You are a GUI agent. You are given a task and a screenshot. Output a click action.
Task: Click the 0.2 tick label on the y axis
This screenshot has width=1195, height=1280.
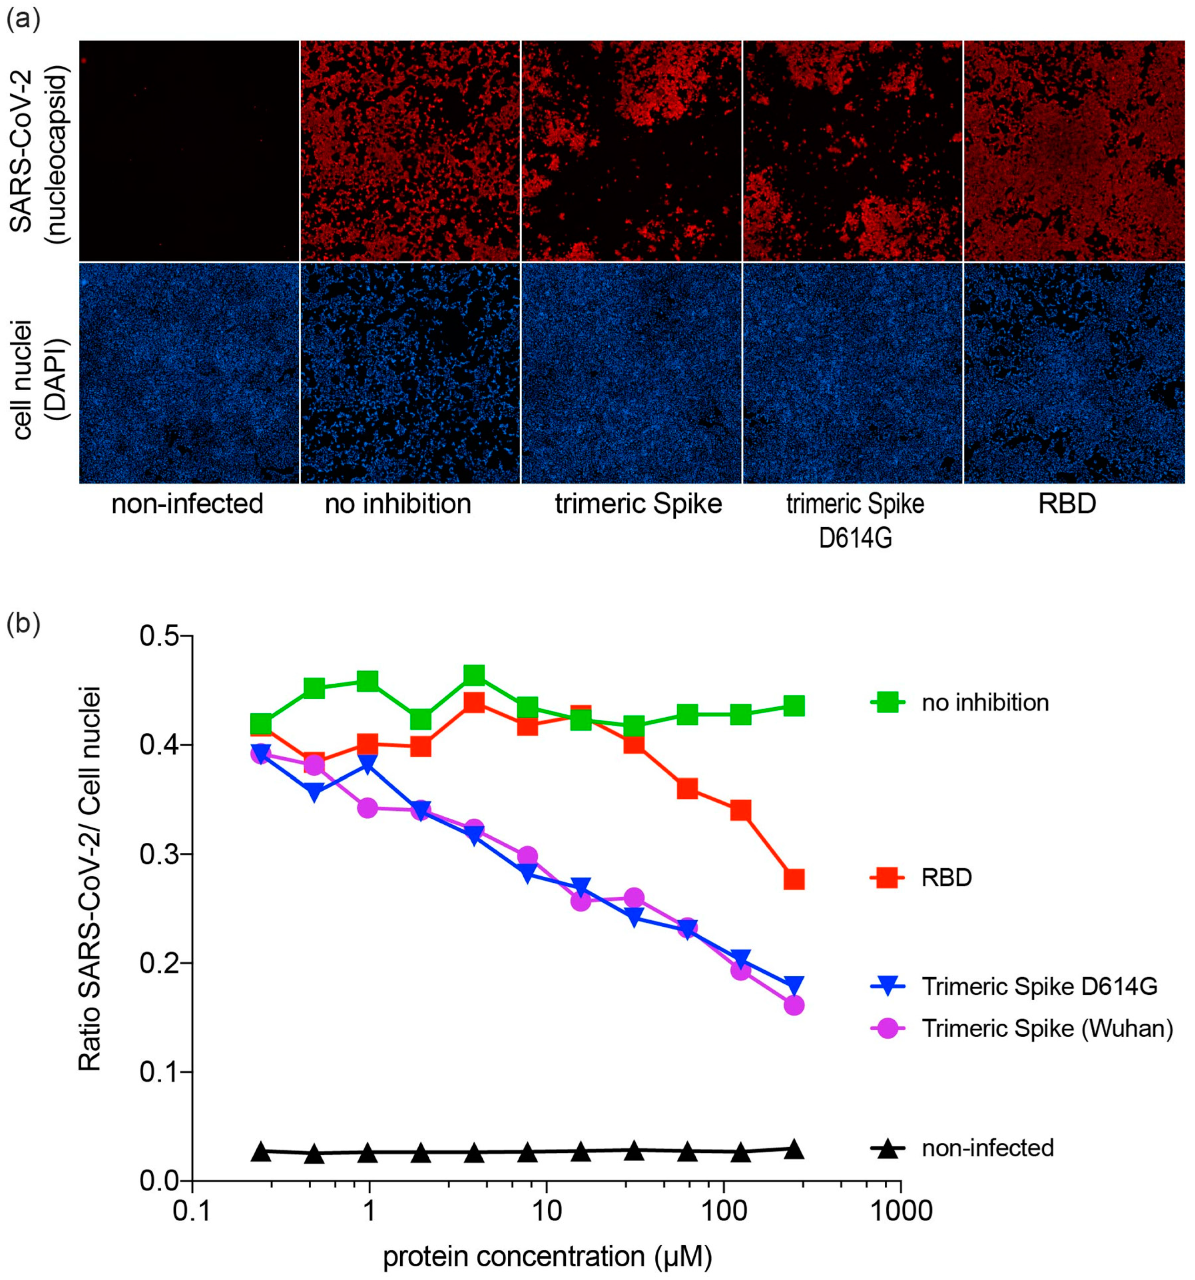[158, 964]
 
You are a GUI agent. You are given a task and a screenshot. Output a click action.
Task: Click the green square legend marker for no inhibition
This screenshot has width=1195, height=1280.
[887, 702]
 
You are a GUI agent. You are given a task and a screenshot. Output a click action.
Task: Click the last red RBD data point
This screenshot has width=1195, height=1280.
[794, 879]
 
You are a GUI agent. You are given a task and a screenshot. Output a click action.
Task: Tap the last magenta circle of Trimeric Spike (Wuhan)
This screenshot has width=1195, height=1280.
[794, 1005]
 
